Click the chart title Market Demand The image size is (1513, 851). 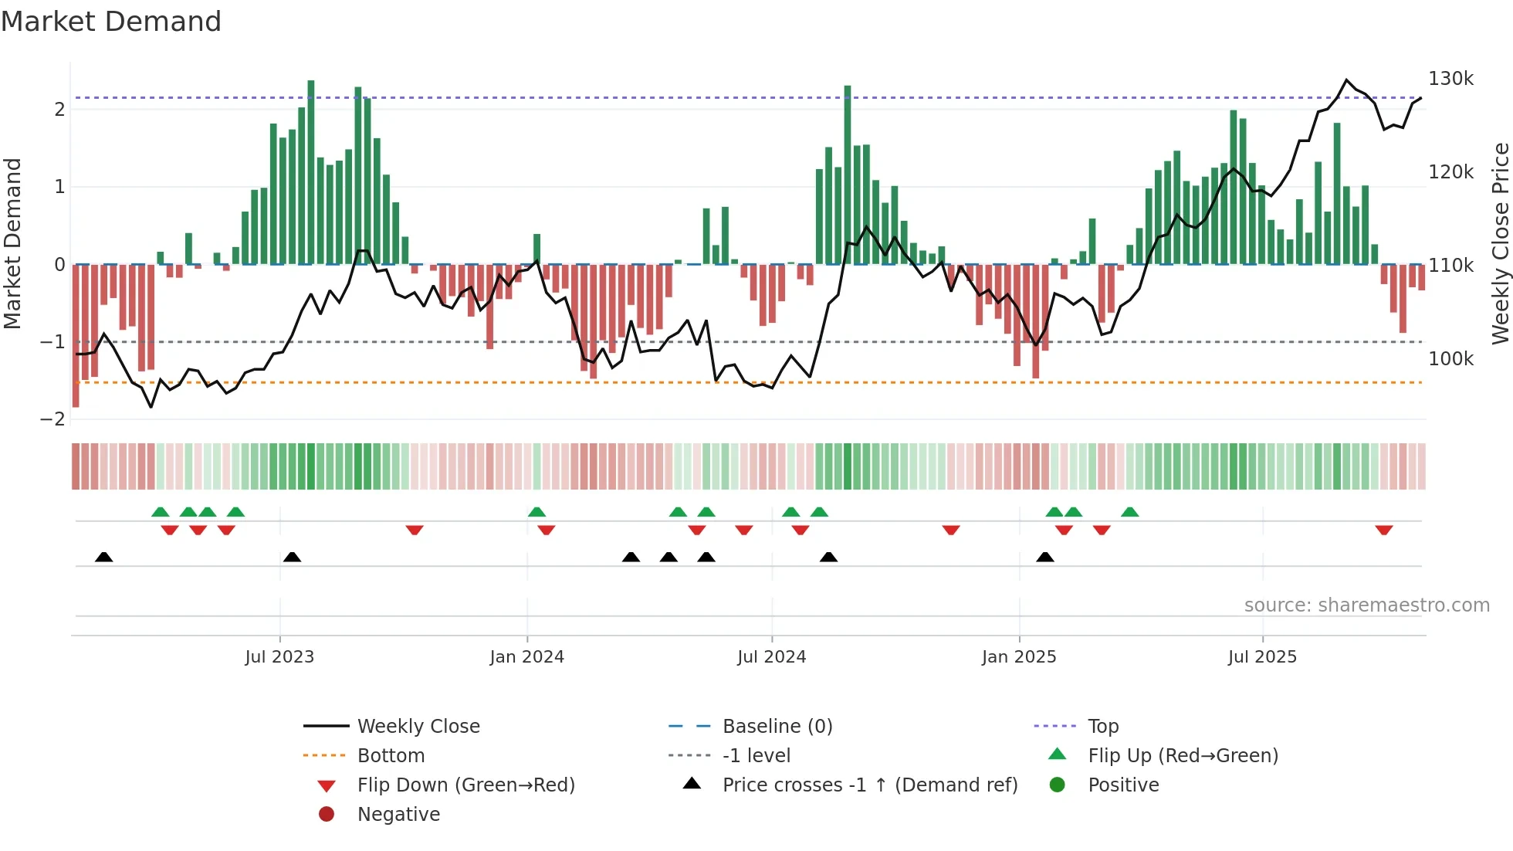point(111,22)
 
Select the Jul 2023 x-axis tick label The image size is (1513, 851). point(279,657)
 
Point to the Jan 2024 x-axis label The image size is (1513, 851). point(526,657)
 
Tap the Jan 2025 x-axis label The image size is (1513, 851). point(1019,657)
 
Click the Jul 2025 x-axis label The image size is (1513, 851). point(1262,657)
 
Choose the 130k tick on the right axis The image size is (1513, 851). point(1450,79)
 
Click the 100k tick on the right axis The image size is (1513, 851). point(1450,359)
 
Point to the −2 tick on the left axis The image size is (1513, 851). point(52,419)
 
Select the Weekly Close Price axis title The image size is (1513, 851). point(1500,243)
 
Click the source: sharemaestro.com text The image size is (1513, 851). point(1366,605)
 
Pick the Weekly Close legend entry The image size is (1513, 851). point(418,727)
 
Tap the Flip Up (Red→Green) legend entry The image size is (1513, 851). point(1183,756)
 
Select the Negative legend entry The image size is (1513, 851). point(398,815)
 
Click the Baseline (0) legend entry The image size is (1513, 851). point(777,727)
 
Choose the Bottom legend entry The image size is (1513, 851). point(391,756)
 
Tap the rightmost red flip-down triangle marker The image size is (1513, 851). point(1383,531)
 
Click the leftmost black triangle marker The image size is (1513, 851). point(104,557)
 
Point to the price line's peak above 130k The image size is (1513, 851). point(1346,80)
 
